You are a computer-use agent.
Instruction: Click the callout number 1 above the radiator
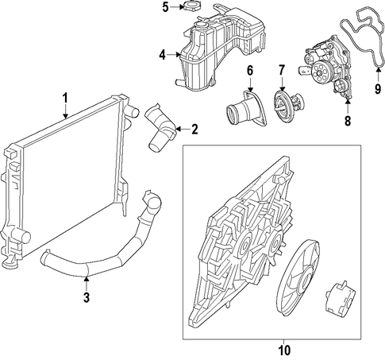65,98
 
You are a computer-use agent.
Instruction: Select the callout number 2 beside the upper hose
194,130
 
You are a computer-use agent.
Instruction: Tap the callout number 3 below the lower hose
87,297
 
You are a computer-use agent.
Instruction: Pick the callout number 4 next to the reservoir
162,55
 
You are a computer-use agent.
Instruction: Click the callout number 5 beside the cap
165,7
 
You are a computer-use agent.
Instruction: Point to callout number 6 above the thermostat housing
250,71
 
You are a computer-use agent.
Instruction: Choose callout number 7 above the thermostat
282,70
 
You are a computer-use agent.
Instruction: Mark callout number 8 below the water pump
348,121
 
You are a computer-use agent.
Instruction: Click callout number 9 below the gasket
378,88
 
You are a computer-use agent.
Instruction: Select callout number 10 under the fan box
284,350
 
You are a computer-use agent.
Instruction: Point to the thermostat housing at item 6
245,109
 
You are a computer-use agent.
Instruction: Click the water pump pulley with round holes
320,72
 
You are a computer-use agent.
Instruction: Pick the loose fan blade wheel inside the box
298,278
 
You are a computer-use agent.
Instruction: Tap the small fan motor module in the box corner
339,297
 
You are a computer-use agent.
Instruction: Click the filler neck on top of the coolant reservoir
201,25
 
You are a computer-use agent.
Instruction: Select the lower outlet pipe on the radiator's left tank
22,235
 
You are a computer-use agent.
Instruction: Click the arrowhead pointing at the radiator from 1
65,116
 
